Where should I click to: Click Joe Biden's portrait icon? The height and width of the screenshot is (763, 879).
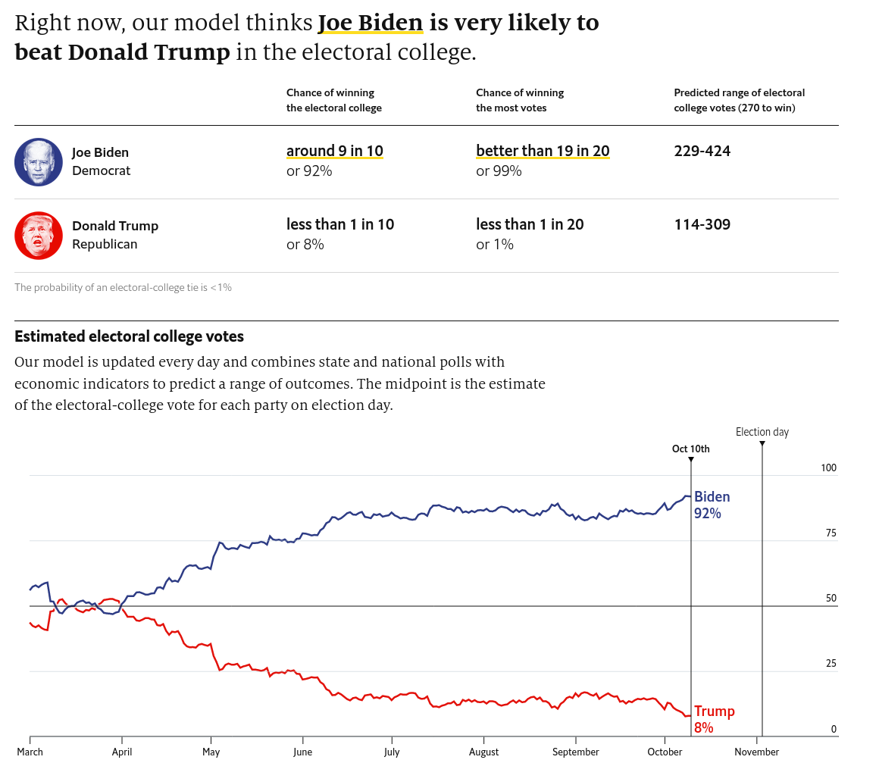(39, 161)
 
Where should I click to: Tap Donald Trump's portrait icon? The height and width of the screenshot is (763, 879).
(39, 235)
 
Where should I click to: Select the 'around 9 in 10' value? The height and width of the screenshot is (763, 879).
(334, 151)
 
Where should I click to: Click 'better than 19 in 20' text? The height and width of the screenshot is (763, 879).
(543, 151)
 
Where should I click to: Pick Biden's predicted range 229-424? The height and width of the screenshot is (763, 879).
(702, 151)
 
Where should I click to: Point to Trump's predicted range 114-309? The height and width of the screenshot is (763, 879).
(702, 224)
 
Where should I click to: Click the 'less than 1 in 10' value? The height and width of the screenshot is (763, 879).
(340, 224)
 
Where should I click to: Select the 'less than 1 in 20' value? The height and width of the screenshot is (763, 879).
(530, 224)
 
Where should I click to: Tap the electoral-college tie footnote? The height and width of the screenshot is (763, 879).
(123, 287)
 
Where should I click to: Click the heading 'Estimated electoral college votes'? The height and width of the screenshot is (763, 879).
(129, 336)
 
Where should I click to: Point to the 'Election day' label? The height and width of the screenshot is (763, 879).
(762, 432)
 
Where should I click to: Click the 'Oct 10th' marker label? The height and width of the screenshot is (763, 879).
(690, 449)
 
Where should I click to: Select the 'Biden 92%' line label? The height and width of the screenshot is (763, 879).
(712, 505)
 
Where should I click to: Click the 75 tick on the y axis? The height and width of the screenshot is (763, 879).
(831, 533)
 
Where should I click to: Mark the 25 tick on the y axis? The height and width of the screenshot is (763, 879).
(831, 664)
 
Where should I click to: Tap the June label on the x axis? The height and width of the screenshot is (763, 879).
(302, 752)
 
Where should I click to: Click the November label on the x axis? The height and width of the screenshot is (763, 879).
(756, 752)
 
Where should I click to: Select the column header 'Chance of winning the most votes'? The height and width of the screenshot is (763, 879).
(520, 100)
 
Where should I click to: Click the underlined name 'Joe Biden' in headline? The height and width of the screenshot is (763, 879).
(370, 23)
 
